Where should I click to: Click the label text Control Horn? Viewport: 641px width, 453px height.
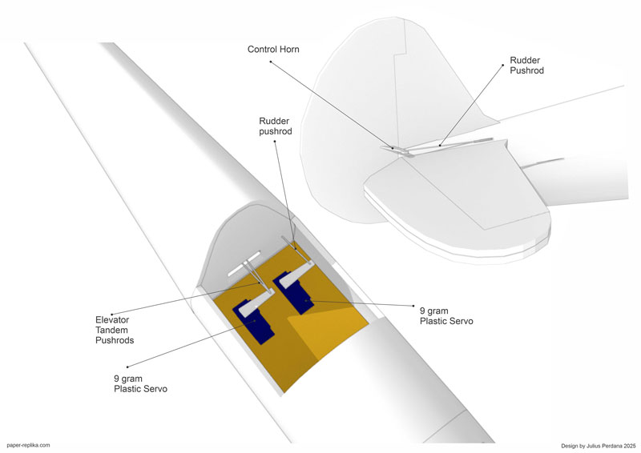[273, 50]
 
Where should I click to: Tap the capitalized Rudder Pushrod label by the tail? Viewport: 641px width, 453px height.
[526, 66]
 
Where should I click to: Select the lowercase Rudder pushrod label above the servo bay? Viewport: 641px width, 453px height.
[276, 126]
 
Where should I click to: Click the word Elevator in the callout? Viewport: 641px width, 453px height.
[112, 320]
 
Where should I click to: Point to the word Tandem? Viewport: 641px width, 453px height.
[111, 330]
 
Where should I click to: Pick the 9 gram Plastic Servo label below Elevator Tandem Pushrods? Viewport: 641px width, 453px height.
[140, 383]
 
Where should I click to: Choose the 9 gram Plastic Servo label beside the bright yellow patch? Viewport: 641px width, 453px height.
[446, 316]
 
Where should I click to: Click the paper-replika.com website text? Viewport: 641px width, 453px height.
[28, 445]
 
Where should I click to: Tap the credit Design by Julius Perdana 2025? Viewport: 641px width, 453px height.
[599, 446]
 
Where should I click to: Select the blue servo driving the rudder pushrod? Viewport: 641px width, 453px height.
[294, 293]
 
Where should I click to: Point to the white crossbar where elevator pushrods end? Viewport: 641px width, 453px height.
[244, 263]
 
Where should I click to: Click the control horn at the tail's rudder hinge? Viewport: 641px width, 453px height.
[394, 150]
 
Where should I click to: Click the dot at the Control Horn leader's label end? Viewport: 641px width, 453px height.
[270, 62]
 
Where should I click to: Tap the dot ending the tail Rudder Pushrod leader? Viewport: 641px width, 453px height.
[503, 65]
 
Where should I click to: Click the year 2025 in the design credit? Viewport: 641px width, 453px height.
[630, 446]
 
